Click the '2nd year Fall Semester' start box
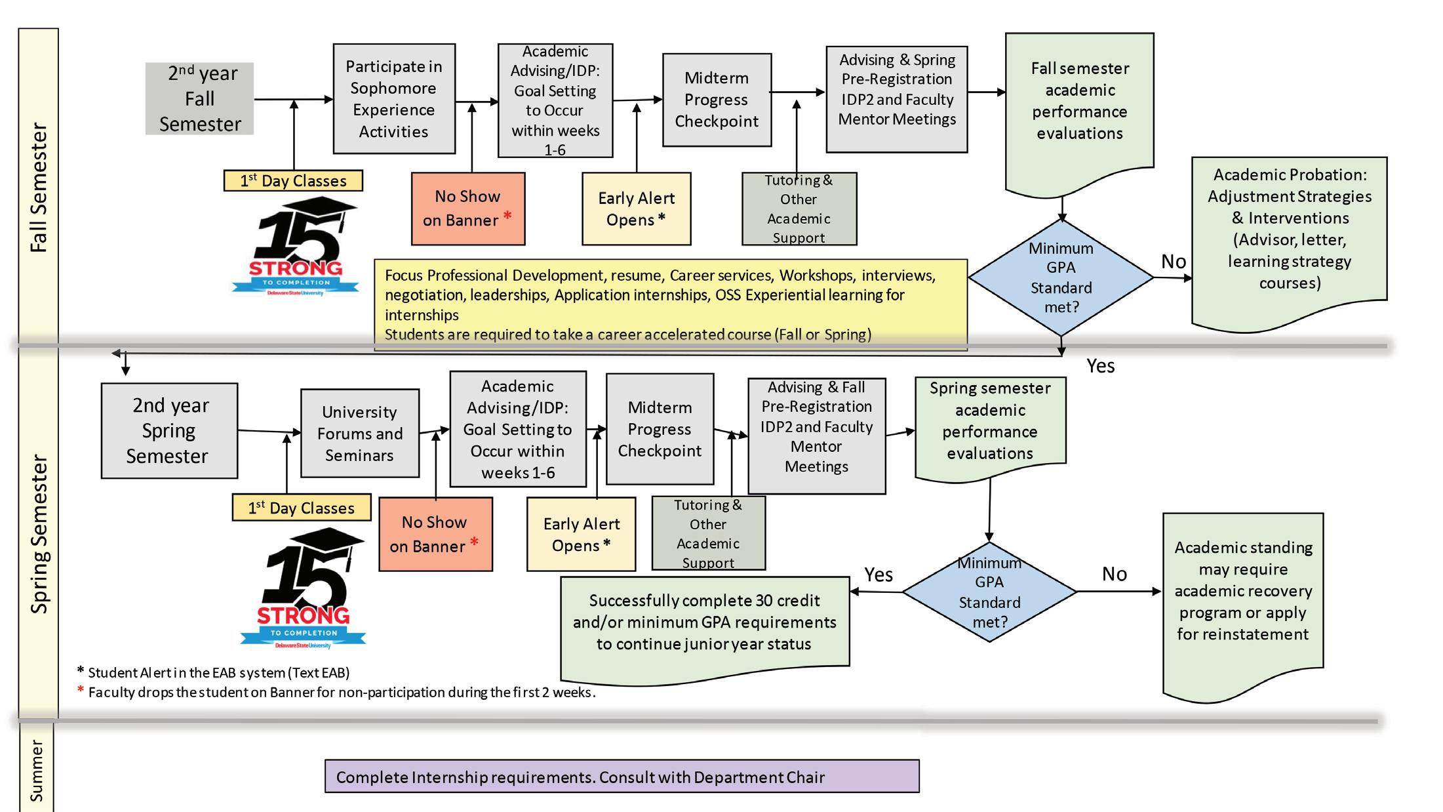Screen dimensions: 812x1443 click(199, 99)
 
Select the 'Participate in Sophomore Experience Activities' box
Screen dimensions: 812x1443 click(394, 99)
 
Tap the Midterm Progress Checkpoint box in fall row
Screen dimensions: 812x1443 click(717, 100)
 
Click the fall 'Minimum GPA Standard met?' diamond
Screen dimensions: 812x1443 click(1061, 277)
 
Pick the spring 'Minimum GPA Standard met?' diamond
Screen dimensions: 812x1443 click(989, 592)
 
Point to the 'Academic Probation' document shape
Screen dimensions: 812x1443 click(1289, 236)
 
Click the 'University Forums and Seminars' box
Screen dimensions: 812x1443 click(359, 434)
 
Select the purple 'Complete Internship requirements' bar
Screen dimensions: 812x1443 click(622, 777)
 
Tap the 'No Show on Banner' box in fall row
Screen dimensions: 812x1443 click(468, 209)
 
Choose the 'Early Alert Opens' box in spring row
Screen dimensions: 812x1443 click(581, 535)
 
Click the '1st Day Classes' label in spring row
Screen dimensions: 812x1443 click(302, 508)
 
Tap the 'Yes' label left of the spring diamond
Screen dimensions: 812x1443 click(879, 575)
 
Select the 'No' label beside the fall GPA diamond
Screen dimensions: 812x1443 click(1174, 262)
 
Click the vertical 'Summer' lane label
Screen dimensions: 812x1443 click(37, 771)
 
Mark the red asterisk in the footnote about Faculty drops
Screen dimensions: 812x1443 click(81, 690)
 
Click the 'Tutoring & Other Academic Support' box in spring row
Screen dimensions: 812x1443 click(708, 533)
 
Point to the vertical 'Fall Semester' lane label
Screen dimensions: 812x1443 click(39, 188)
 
